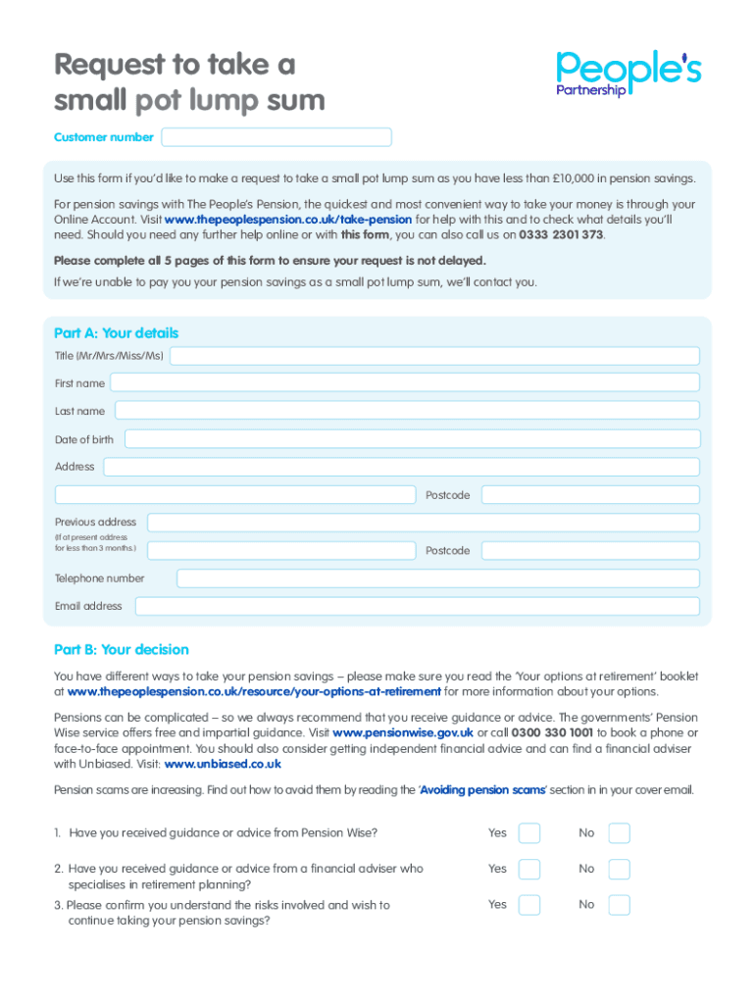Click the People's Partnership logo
629,74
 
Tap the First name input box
405,383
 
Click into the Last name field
407,411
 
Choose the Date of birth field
412,439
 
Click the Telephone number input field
438,578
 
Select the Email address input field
418,606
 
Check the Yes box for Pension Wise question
529,833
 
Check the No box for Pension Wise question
619,833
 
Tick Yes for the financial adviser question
529,869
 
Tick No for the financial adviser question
619,869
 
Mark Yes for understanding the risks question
529,905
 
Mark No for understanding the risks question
619,905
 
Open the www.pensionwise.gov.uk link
403,732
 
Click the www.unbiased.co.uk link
223,764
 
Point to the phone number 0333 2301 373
561,235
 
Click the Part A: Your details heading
117,333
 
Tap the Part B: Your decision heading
122,650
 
